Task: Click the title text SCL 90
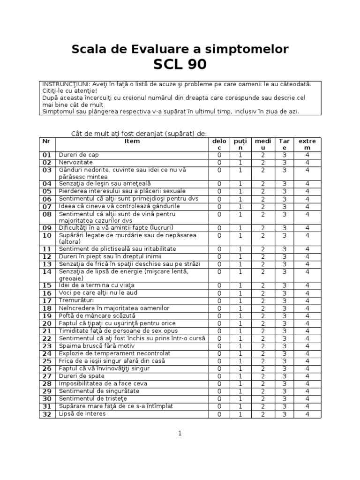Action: pyautogui.click(x=180, y=64)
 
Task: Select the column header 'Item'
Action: pyautogui.click(x=132, y=141)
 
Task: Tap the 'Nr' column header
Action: pyautogui.click(x=46, y=141)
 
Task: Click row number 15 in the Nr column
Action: pyautogui.click(x=47, y=285)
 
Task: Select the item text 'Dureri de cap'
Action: pyautogui.click(x=78, y=155)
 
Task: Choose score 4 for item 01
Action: pyautogui.click(x=307, y=155)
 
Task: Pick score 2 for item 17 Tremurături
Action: pyautogui.click(x=263, y=300)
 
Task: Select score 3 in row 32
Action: pyautogui.click(x=284, y=414)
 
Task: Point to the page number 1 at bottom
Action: pyautogui.click(x=180, y=434)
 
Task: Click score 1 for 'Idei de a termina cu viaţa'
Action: pyautogui.click(x=240, y=285)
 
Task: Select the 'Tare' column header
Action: pyautogui.click(x=284, y=144)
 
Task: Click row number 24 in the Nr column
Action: pyautogui.click(x=47, y=353)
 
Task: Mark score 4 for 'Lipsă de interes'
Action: pyautogui.click(x=307, y=414)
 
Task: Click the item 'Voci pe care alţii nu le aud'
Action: pyautogui.click(x=97, y=293)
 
